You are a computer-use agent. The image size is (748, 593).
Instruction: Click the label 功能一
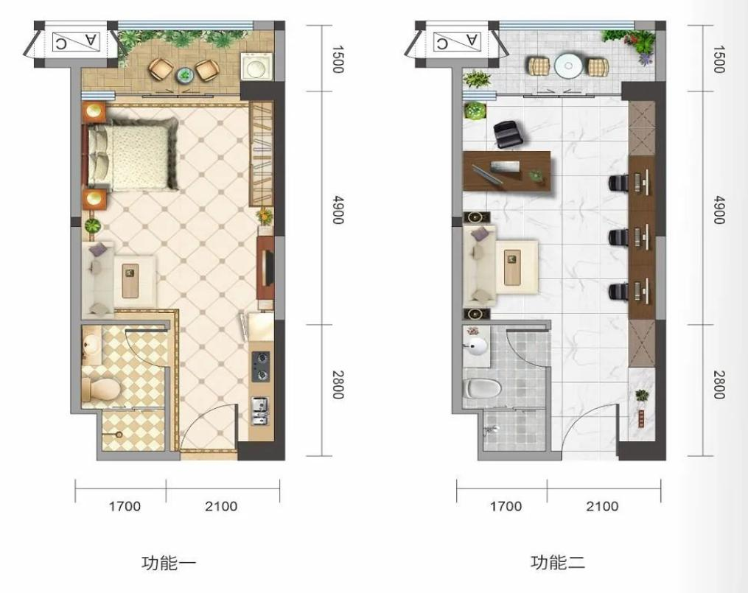[x=169, y=563]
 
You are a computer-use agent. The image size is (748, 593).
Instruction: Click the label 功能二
[x=557, y=563]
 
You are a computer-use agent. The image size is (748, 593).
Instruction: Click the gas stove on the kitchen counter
[x=260, y=367]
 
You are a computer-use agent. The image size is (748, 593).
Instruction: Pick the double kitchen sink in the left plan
[x=260, y=411]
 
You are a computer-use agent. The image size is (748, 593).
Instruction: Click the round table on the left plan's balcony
[x=183, y=74]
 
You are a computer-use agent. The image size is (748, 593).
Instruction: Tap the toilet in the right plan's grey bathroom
[x=483, y=387]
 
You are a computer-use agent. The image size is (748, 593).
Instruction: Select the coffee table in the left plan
[x=130, y=281]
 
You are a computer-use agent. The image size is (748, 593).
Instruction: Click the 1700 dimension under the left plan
[x=125, y=506]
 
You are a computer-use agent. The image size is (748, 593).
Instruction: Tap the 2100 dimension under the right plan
[x=602, y=506]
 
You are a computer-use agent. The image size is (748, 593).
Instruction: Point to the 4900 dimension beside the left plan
[x=338, y=209]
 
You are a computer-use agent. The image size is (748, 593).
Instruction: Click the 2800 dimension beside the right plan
[x=719, y=385]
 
